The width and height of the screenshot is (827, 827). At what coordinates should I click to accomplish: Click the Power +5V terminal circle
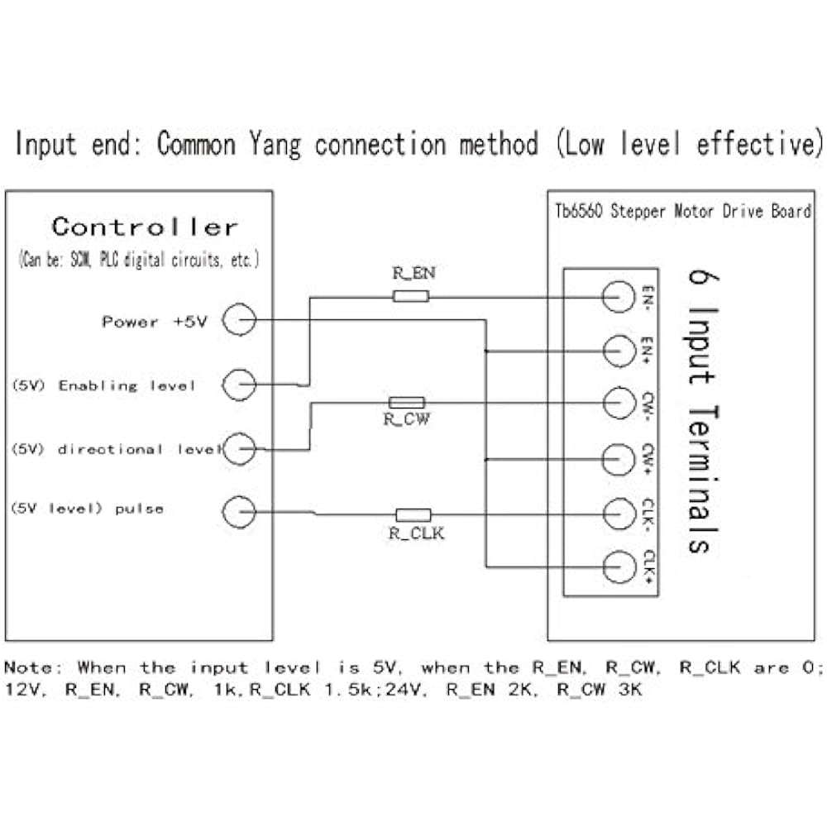(240, 320)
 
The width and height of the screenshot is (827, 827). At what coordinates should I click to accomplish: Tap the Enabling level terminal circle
(240, 385)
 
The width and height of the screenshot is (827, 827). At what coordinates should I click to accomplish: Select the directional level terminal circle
(240, 449)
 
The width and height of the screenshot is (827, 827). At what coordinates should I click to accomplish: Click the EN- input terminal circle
(617, 297)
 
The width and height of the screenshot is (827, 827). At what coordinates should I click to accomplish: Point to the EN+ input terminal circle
(617, 351)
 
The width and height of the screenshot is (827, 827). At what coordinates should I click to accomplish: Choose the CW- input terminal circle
(617, 404)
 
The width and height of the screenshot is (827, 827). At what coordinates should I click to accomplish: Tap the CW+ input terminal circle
(617, 458)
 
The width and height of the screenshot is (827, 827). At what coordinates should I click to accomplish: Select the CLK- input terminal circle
(617, 514)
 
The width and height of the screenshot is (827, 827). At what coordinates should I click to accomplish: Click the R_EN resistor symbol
(410, 296)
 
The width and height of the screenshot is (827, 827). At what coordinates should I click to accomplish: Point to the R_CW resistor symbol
(406, 403)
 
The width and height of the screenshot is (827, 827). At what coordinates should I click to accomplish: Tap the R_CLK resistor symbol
(413, 514)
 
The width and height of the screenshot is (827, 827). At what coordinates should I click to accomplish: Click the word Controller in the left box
(145, 227)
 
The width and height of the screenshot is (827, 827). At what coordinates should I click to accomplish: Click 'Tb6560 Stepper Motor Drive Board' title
(683, 212)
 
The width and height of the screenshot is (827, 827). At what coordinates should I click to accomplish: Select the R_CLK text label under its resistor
(416, 533)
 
